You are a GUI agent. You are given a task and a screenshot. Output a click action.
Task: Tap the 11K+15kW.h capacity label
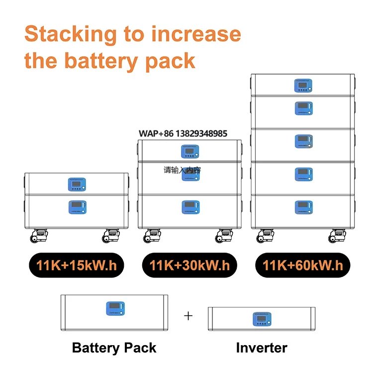[x=76, y=265]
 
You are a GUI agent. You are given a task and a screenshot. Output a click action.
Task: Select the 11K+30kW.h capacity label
[x=189, y=265]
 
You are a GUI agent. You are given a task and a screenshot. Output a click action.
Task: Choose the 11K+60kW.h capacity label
[x=303, y=265]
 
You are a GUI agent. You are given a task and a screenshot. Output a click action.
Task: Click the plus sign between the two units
[x=188, y=316]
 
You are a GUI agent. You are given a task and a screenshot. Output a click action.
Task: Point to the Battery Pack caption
[x=114, y=348]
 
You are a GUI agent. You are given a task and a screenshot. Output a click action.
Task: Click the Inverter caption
[x=262, y=348]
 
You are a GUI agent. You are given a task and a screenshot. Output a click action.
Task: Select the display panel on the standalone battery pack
[x=115, y=309]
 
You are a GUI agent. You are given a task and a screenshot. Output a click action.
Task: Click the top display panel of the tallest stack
[x=303, y=86]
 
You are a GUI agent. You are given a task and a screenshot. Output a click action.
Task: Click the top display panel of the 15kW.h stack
[x=77, y=185]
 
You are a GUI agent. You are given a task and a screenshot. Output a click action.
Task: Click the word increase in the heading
[x=196, y=35]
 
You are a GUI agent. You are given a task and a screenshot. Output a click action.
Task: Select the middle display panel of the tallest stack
[x=303, y=141]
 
